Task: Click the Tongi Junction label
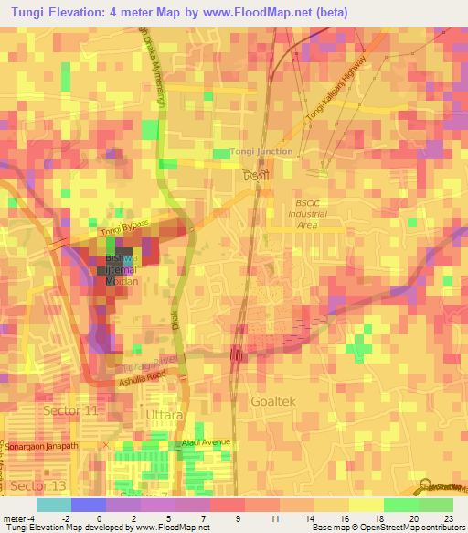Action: pos(262,151)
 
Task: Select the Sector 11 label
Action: pos(69,411)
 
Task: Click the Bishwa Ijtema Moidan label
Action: pos(118,270)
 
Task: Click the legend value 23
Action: pos(449,518)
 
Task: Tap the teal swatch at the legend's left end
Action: pos(53,505)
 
